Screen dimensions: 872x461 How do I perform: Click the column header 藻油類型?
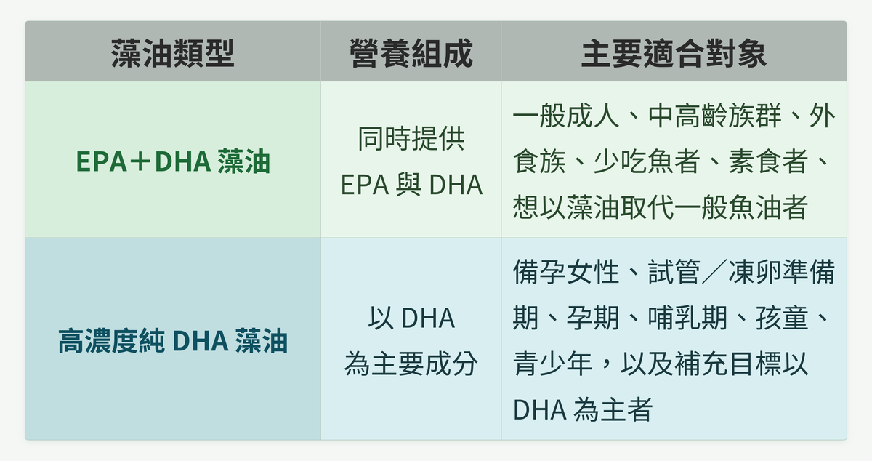click(x=172, y=53)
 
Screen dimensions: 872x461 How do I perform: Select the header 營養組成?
click(x=411, y=53)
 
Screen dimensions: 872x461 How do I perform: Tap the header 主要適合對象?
click(x=674, y=53)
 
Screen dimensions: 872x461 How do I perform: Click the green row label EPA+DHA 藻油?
click(x=173, y=161)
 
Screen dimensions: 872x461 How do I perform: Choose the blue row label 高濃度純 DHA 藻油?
click(x=173, y=341)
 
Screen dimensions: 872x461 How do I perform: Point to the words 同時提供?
click(x=411, y=138)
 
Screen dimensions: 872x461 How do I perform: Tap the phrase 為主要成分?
click(x=411, y=364)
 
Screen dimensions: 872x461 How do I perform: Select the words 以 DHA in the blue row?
click(x=411, y=318)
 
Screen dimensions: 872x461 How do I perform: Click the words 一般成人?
click(x=565, y=116)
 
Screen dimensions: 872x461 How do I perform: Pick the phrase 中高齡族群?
click(x=715, y=116)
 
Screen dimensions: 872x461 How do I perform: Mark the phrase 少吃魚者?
click(x=647, y=161)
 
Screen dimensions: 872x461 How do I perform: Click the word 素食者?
click(x=769, y=161)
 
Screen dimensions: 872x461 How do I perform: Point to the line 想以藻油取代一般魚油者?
click(x=661, y=207)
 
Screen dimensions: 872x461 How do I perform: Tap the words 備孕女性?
click(x=565, y=272)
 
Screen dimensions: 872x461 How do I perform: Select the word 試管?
click(x=674, y=272)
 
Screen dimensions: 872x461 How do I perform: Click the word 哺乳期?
click(x=687, y=318)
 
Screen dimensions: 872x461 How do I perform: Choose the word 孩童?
click(x=782, y=318)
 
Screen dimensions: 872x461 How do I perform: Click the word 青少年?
click(x=553, y=364)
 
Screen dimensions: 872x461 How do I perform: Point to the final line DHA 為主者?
click(x=583, y=409)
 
